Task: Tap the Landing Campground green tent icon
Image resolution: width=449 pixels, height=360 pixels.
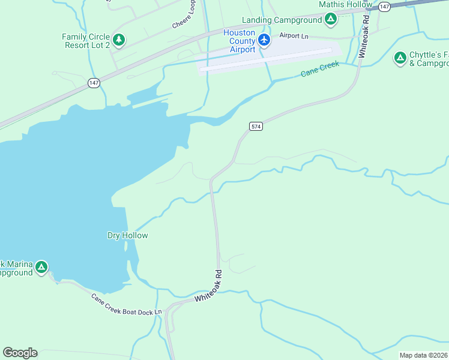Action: point(331,20)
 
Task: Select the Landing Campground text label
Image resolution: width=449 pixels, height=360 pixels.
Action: point(282,20)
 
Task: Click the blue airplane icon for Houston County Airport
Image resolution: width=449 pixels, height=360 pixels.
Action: point(264,40)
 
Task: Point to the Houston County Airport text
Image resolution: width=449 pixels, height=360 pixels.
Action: point(239,41)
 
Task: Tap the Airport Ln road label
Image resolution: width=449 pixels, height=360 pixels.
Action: point(294,35)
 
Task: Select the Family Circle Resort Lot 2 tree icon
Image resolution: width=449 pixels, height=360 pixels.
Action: point(119,40)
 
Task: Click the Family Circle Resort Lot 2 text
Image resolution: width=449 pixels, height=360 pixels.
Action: point(86,41)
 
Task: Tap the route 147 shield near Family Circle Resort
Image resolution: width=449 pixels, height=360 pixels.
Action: point(94,83)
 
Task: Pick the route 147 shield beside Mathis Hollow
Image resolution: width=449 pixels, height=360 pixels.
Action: point(385,6)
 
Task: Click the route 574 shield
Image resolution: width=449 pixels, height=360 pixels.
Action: point(256,126)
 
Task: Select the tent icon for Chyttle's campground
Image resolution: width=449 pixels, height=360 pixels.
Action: point(400,58)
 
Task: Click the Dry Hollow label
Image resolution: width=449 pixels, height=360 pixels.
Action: point(127,235)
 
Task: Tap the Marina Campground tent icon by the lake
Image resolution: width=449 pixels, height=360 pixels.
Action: point(41,267)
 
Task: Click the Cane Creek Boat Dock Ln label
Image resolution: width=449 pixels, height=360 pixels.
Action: point(127,305)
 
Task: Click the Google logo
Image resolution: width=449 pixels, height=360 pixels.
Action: point(20,353)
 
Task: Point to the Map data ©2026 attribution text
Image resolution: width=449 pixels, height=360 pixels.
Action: point(423,355)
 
